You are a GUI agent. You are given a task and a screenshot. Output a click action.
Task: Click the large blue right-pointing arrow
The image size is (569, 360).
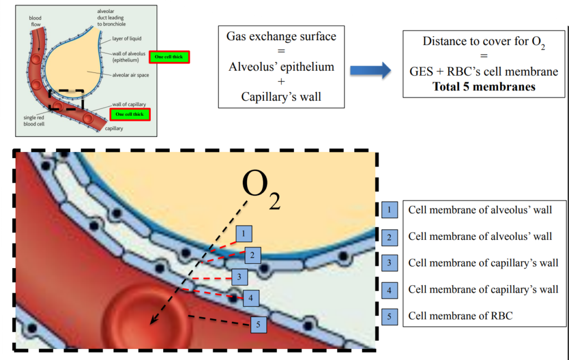tap(370, 71)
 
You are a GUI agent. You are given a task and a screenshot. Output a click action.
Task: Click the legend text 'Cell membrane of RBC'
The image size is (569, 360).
tap(460, 315)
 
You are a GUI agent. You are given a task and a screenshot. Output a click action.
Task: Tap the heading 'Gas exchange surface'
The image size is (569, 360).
tap(281, 37)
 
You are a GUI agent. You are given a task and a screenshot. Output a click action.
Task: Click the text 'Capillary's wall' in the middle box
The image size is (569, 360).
tap(281, 96)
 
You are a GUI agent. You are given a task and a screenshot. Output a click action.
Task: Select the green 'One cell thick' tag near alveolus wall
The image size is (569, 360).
tap(169, 57)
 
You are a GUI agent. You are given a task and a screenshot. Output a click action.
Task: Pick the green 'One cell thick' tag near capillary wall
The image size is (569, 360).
tap(130, 114)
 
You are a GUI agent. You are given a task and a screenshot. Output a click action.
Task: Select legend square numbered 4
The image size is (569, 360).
tap(390, 290)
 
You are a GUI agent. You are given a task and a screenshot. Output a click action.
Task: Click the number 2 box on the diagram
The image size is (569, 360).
tap(252, 255)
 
